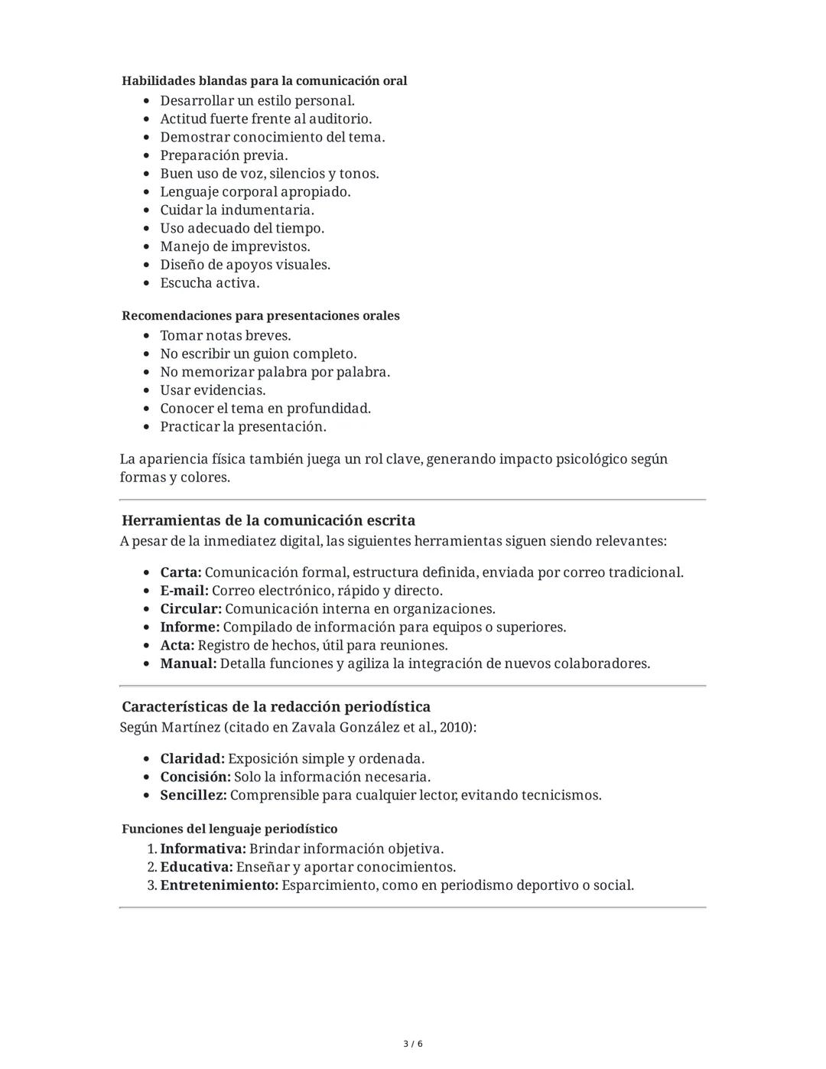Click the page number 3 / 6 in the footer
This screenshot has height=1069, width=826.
coord(413,1044)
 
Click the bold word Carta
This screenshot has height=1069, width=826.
coord(180,572)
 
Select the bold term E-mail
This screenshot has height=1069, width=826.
coord(184,591)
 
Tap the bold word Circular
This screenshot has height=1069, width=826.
coord(190,609)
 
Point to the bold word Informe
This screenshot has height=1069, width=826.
coord(190,627)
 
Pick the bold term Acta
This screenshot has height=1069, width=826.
coord(177,645)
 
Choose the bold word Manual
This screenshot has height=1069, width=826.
coord(188,663)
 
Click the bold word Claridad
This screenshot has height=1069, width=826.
coord(192,758)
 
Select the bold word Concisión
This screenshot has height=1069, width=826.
coord(195,777)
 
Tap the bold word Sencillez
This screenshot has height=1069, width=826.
coord(193,795)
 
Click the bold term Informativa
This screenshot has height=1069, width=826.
coord(203,849)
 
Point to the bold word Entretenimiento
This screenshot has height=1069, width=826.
coord(219,885)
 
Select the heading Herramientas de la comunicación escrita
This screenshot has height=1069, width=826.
coord(268,520)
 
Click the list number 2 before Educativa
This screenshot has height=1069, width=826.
coord(151,867)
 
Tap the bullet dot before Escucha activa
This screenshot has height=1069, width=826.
coord(147,283)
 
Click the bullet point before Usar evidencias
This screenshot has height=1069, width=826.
coord(147,390)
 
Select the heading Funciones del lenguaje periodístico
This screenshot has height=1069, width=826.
coord(229,829)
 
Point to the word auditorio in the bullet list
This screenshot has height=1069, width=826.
coord(340,119)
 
